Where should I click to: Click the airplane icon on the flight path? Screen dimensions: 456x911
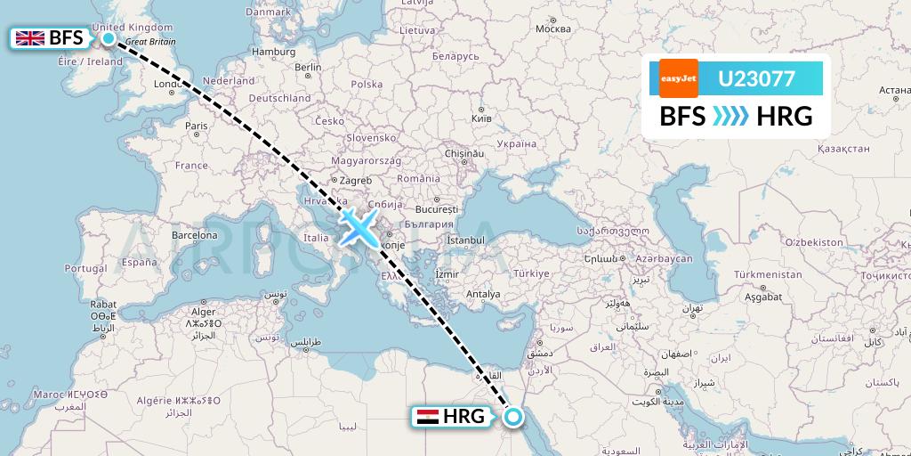click(359, 227)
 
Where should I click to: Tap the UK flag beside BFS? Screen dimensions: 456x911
click(31, 38)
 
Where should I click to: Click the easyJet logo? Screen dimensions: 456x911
click(678, 78)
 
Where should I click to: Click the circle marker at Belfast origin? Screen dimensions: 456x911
click(109, 37)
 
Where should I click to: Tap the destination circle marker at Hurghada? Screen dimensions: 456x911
click(512, 415)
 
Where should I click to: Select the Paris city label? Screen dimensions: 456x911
click(196, 126)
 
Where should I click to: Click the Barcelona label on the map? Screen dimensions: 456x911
click(195, 235)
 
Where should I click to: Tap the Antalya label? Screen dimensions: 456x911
click(483, 293)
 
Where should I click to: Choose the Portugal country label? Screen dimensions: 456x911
click(86, 268)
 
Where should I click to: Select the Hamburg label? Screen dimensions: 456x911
click(274, 52)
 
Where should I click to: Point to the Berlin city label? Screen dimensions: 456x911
click(308, 67)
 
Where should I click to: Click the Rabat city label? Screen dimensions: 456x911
click(102, 304)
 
